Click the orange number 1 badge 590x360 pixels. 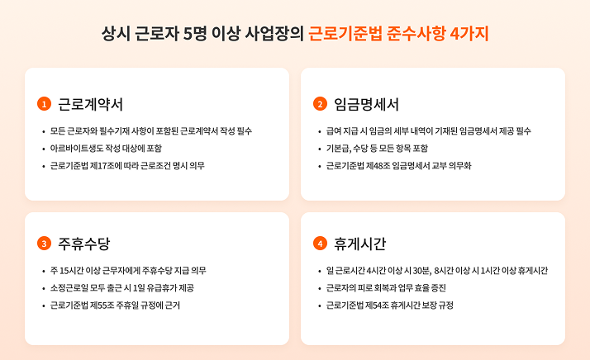[44, 104]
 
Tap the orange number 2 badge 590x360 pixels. [321, 104]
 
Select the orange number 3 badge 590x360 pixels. [44, 244]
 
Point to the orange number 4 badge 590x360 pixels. [321, 244]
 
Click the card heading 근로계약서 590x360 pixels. [90, 104]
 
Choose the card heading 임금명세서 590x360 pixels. [367, 104]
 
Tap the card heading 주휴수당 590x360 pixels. [84, 244]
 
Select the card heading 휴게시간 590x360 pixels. [360, 244]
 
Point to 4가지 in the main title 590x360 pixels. [469, 34]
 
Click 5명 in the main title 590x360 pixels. [195, 34]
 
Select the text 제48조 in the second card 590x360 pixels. [378, 166]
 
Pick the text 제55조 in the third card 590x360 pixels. [102, 306]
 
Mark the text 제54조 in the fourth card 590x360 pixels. [378, 306]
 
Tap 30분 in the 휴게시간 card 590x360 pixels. [421, 271]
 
